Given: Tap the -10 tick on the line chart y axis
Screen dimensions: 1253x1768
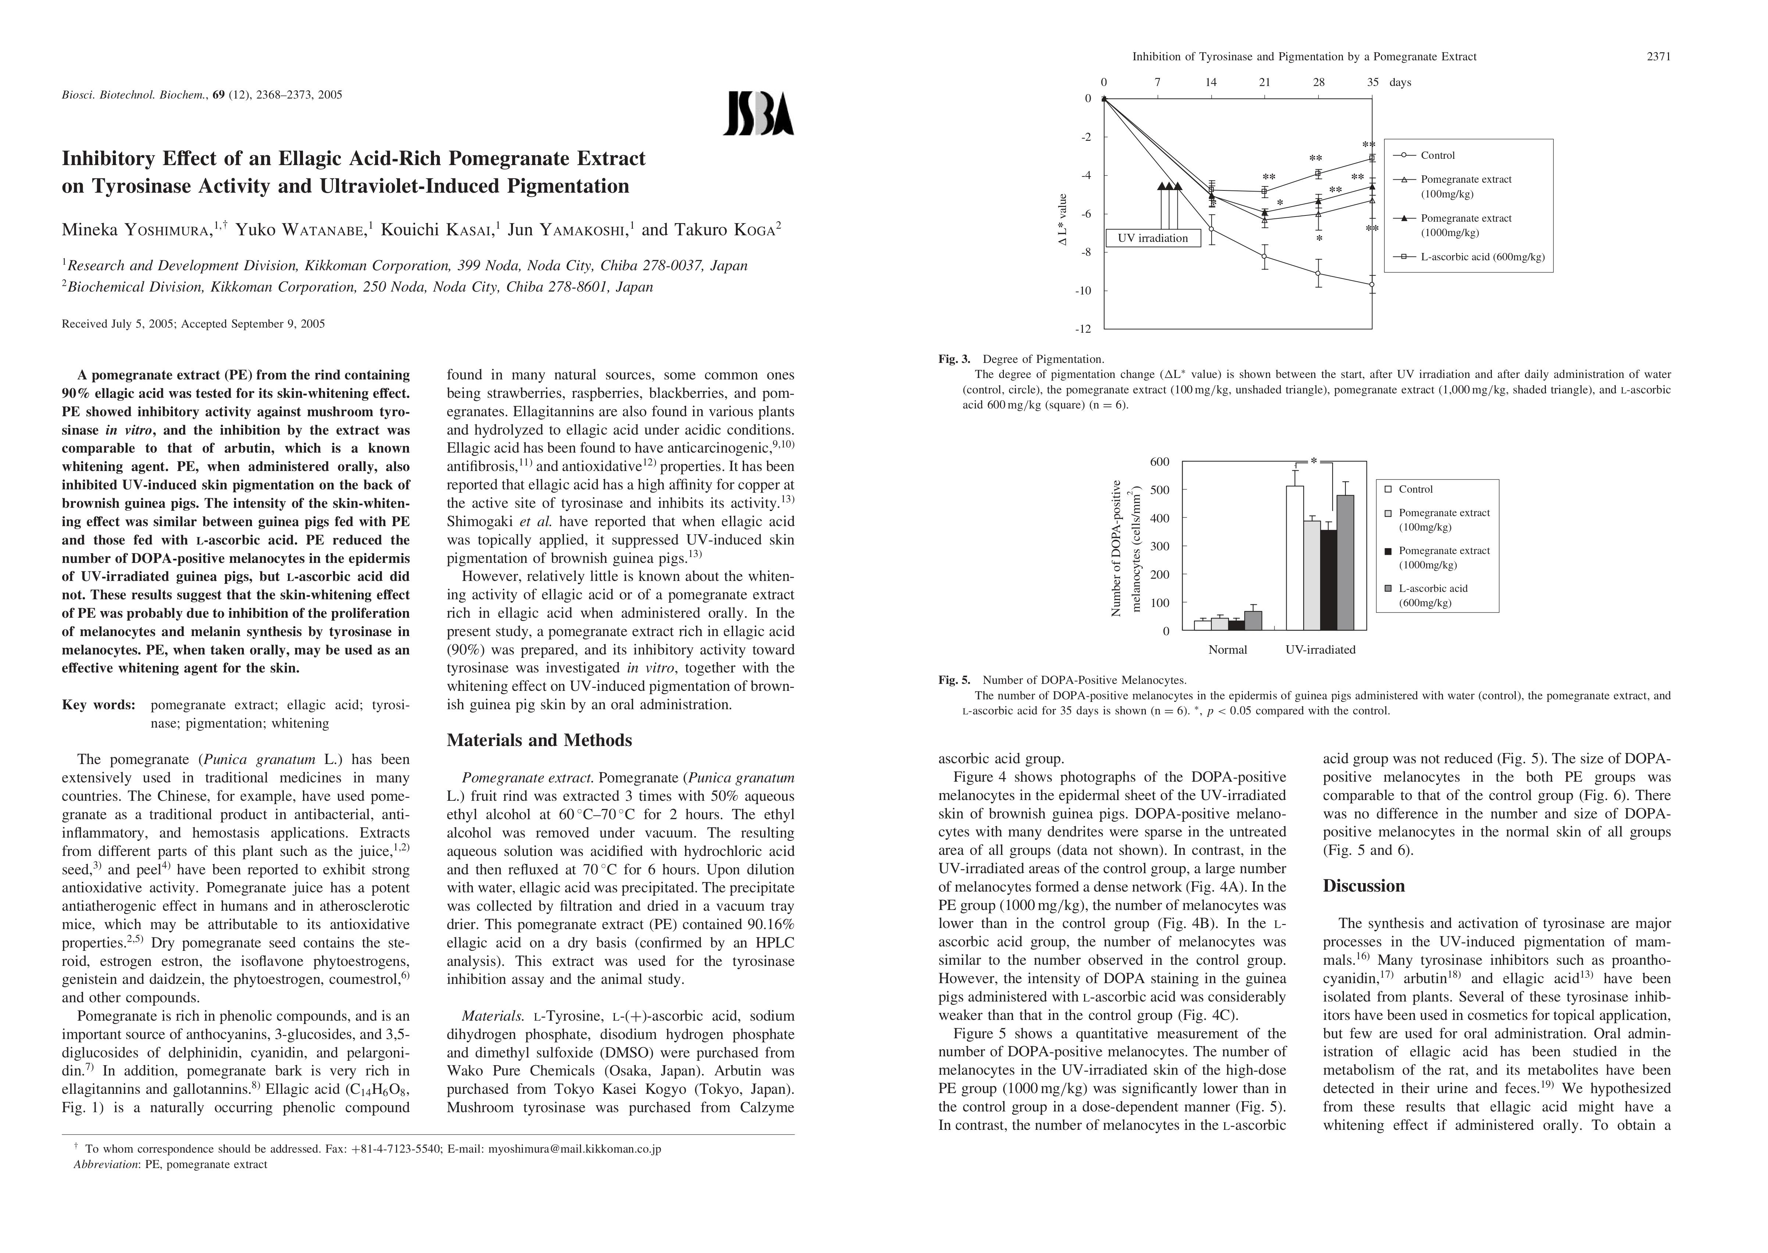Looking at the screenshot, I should coord(1084,291).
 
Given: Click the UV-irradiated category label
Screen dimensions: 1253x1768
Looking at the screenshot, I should coord(1320,650).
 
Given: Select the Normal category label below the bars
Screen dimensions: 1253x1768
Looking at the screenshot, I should coord(1227,650).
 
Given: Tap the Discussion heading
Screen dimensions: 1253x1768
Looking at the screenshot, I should coord(1364,886).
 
